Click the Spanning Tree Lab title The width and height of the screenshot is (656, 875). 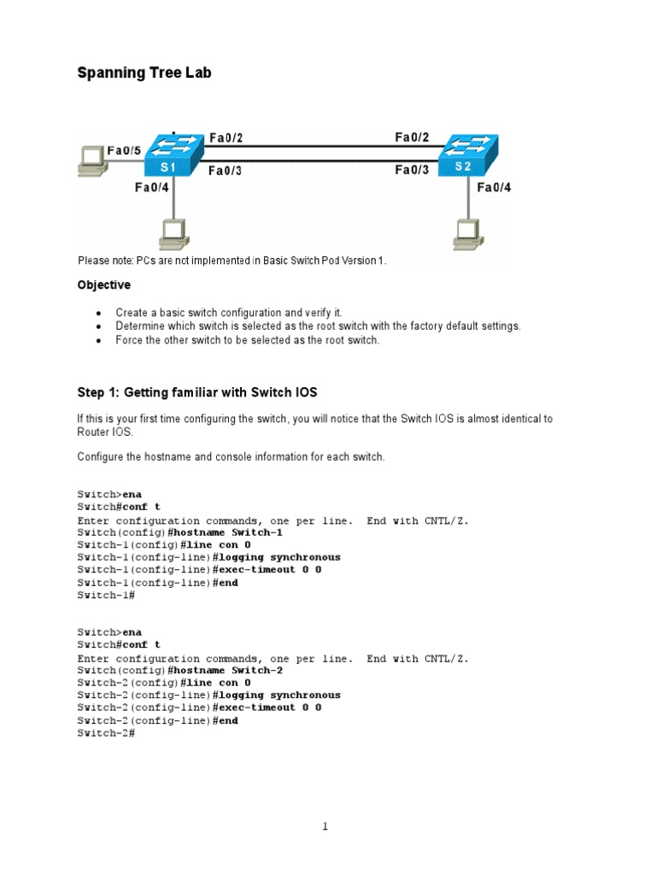143,73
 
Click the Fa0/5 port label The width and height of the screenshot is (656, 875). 124,150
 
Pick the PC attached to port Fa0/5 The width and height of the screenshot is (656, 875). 90,161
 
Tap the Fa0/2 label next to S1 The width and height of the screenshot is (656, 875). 225,138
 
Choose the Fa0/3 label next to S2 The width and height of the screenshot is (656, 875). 412,170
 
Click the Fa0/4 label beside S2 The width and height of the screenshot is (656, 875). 494,187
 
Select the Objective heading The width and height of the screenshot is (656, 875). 104,285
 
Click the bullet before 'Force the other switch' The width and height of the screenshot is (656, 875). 98,340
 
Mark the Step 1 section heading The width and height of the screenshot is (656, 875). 197,392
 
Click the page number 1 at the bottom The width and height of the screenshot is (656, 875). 325,826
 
